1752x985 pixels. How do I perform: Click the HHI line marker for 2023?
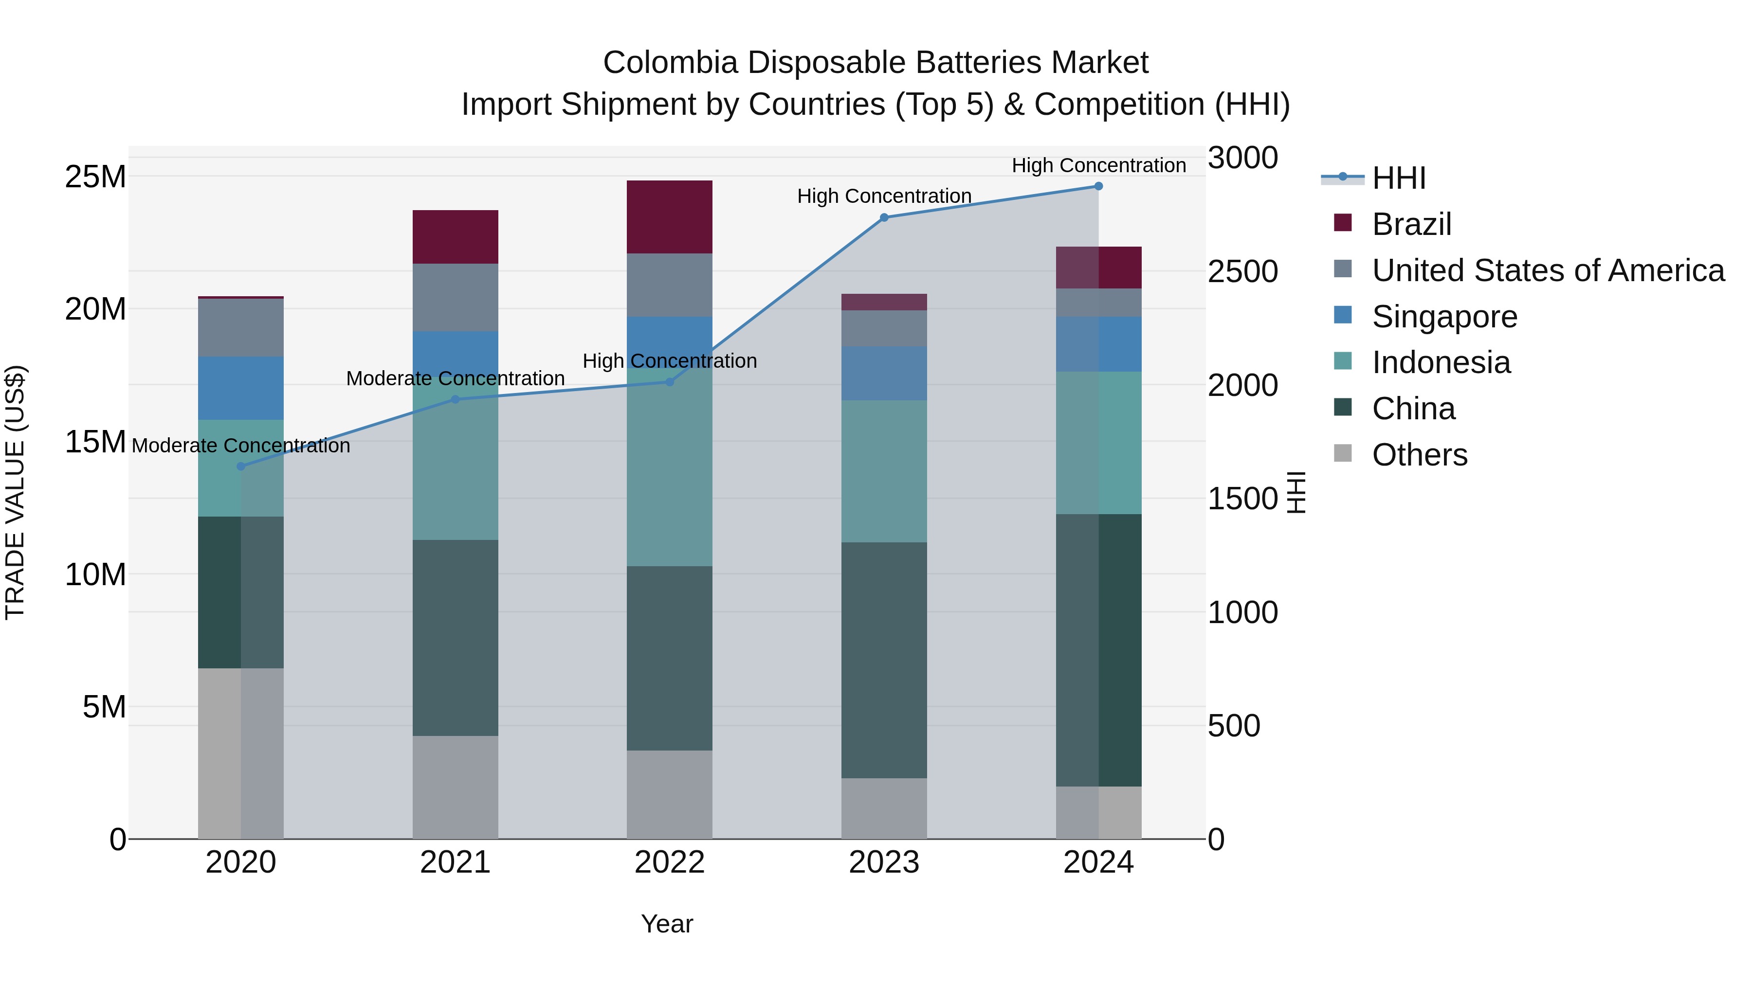(x=883, y=217)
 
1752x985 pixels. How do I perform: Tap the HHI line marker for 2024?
(x=1098, y=186)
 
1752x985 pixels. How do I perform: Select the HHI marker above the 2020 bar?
(x=241, y=466)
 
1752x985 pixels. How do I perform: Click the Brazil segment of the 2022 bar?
(x=669, y=217)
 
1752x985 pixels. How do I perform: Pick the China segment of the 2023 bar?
(x=883, y=660)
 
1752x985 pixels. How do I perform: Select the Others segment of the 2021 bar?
(x=455, y=787)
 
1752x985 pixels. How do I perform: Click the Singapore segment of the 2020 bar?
(x=241, y=388)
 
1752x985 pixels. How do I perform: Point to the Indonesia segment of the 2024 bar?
(x=1098, y=443)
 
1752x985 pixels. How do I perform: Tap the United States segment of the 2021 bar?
(x=455, y=297)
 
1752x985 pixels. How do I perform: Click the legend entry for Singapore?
(x=1444, y=317)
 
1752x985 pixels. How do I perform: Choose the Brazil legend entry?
(x=1411, y=224)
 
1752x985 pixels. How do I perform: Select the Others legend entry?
(x=1420, y=455)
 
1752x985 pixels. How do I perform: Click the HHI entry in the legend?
(x=1398, y=178)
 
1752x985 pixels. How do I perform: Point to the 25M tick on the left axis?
(x=95, y=177)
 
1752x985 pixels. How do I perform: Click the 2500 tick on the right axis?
(x=1242, y=271)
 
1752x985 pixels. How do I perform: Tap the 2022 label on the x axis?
(x=669, y=862)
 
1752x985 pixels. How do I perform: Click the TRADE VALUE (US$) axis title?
(x=15, y=492)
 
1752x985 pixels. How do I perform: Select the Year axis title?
(x=667, y=924)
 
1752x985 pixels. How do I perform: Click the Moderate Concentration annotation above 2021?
(x=455, y=378)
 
